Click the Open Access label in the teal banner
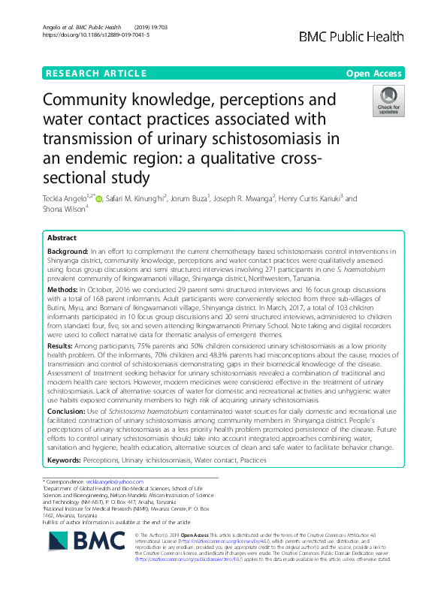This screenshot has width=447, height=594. (374, 73)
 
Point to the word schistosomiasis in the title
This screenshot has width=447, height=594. (257, 139)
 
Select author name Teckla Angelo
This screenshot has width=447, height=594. (67, 199)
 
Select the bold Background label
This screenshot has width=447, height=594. (67, 250)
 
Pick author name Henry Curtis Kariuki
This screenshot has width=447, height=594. (309, 199)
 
